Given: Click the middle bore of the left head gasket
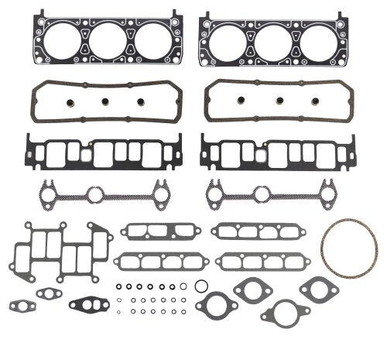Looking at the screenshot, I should (104, 45).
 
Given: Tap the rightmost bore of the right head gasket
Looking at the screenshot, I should (318, 45).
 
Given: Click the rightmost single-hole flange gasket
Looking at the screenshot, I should (318, 290).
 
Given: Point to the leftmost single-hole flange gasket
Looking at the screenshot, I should (216, 303).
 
